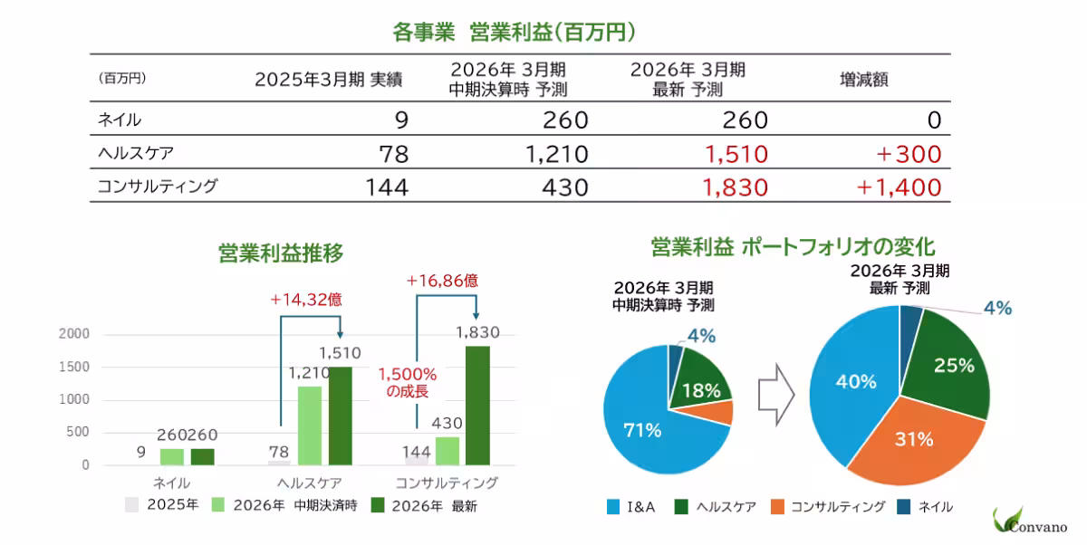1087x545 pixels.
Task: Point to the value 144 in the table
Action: [x=387, y=187]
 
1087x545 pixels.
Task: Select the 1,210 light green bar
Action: [x=310, y=425]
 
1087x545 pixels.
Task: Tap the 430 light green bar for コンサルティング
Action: [x=447, y=451]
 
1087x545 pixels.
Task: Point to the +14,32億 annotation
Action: [x=306, y=299]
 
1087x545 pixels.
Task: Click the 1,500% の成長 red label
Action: [x=407, y=382]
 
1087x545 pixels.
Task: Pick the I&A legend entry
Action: [x=638, y=507]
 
